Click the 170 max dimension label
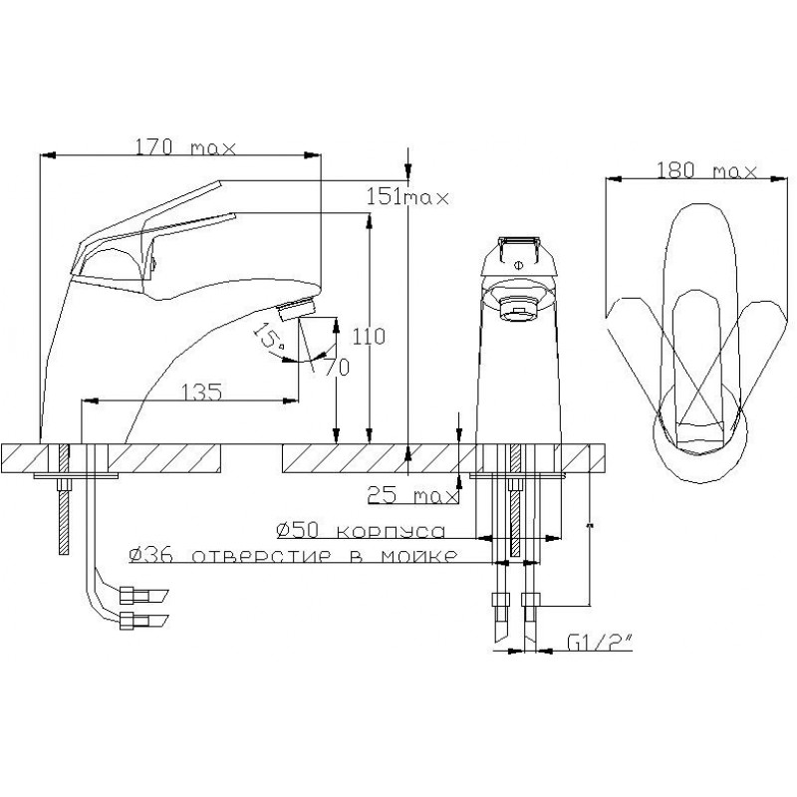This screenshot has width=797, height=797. point(185,147)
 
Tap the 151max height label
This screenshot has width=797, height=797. point(407,197)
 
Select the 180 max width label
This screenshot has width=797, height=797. point(707,170)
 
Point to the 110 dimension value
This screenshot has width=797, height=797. point(369,336)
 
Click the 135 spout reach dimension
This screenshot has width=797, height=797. point(202,392)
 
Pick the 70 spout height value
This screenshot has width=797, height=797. point(337,367)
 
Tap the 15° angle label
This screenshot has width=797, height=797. point(269,336)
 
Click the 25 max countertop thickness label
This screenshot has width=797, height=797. point(412,494)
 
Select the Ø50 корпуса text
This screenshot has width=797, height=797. point(361,530)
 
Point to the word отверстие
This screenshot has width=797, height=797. point(261,556)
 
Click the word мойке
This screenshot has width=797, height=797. point(418,556)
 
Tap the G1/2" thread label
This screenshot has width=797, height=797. point(600,644)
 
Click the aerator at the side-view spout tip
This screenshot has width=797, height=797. point(297,309)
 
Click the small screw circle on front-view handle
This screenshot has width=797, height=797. point(518,264)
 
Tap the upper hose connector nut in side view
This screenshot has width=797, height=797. point(134,594)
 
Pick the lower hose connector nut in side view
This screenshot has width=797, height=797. point(134,621)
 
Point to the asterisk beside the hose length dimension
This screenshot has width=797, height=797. point(590,524)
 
